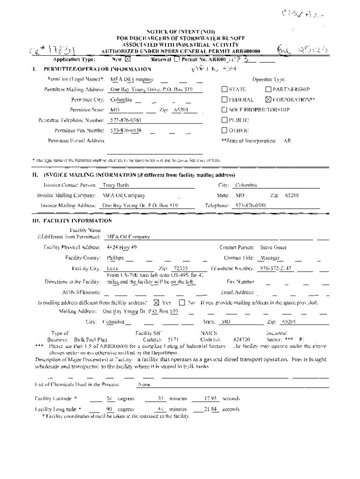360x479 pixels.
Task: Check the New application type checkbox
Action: (128, 59)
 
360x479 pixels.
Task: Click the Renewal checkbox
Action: (176, 59)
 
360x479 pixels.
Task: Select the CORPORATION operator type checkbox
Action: (268, 100)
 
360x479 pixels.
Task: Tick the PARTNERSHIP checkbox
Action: (268, 89)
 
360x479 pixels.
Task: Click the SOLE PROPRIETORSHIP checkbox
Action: (224, 110)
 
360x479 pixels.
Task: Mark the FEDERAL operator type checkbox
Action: (224, 100)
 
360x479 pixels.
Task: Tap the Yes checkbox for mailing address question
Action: (156, 302)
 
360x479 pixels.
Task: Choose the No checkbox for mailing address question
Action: (182, 302)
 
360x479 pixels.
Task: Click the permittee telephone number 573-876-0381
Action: (126, 120)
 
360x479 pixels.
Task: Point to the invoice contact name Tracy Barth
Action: (115, 185)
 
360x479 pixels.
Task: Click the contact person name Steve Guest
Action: (273, 247)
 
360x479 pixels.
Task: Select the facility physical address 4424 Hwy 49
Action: (122, 247)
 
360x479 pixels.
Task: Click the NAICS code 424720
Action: (241, 340)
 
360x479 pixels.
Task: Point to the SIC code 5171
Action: (173, 340)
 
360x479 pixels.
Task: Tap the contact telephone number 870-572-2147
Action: (276, 269)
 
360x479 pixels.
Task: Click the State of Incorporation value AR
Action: (287, 140)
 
